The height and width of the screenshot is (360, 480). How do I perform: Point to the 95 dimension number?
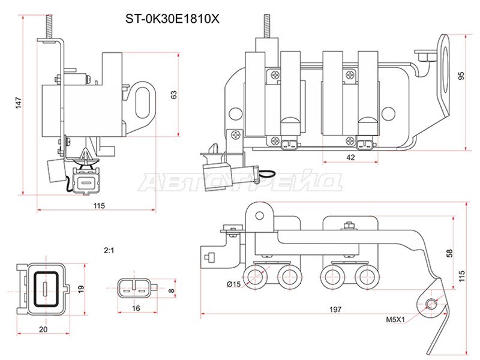(x=461, y=76)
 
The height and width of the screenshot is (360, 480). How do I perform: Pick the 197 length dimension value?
(x=335, y=310)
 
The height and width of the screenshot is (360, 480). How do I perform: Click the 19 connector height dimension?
(x=82, y=289)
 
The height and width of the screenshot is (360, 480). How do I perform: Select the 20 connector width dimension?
(x=43, y=329)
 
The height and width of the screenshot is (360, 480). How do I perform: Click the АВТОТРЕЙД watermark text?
(x=240, y=181)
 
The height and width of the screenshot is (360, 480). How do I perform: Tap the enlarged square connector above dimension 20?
(x=45, y=287)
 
